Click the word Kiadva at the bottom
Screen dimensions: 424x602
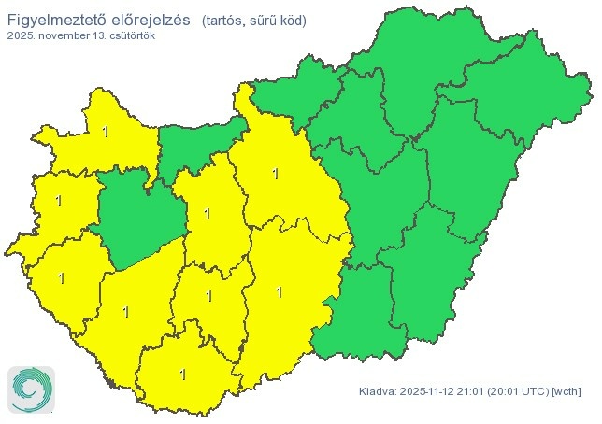click(377, 390)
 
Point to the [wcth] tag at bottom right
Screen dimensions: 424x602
click(567, 390)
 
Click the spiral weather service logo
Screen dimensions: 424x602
click(31, 389)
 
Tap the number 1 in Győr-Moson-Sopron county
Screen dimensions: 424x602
click(105, 132)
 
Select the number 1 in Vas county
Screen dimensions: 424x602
click(59, 201)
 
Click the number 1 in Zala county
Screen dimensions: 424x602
click(62, 277)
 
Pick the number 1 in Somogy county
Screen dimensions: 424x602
click(125, 311)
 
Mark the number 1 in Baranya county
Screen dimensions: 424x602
click(182, 375)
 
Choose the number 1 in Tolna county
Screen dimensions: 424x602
click(208, 296)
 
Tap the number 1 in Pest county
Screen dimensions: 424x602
click(275, 173)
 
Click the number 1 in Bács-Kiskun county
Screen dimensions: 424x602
click(279, 292)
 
